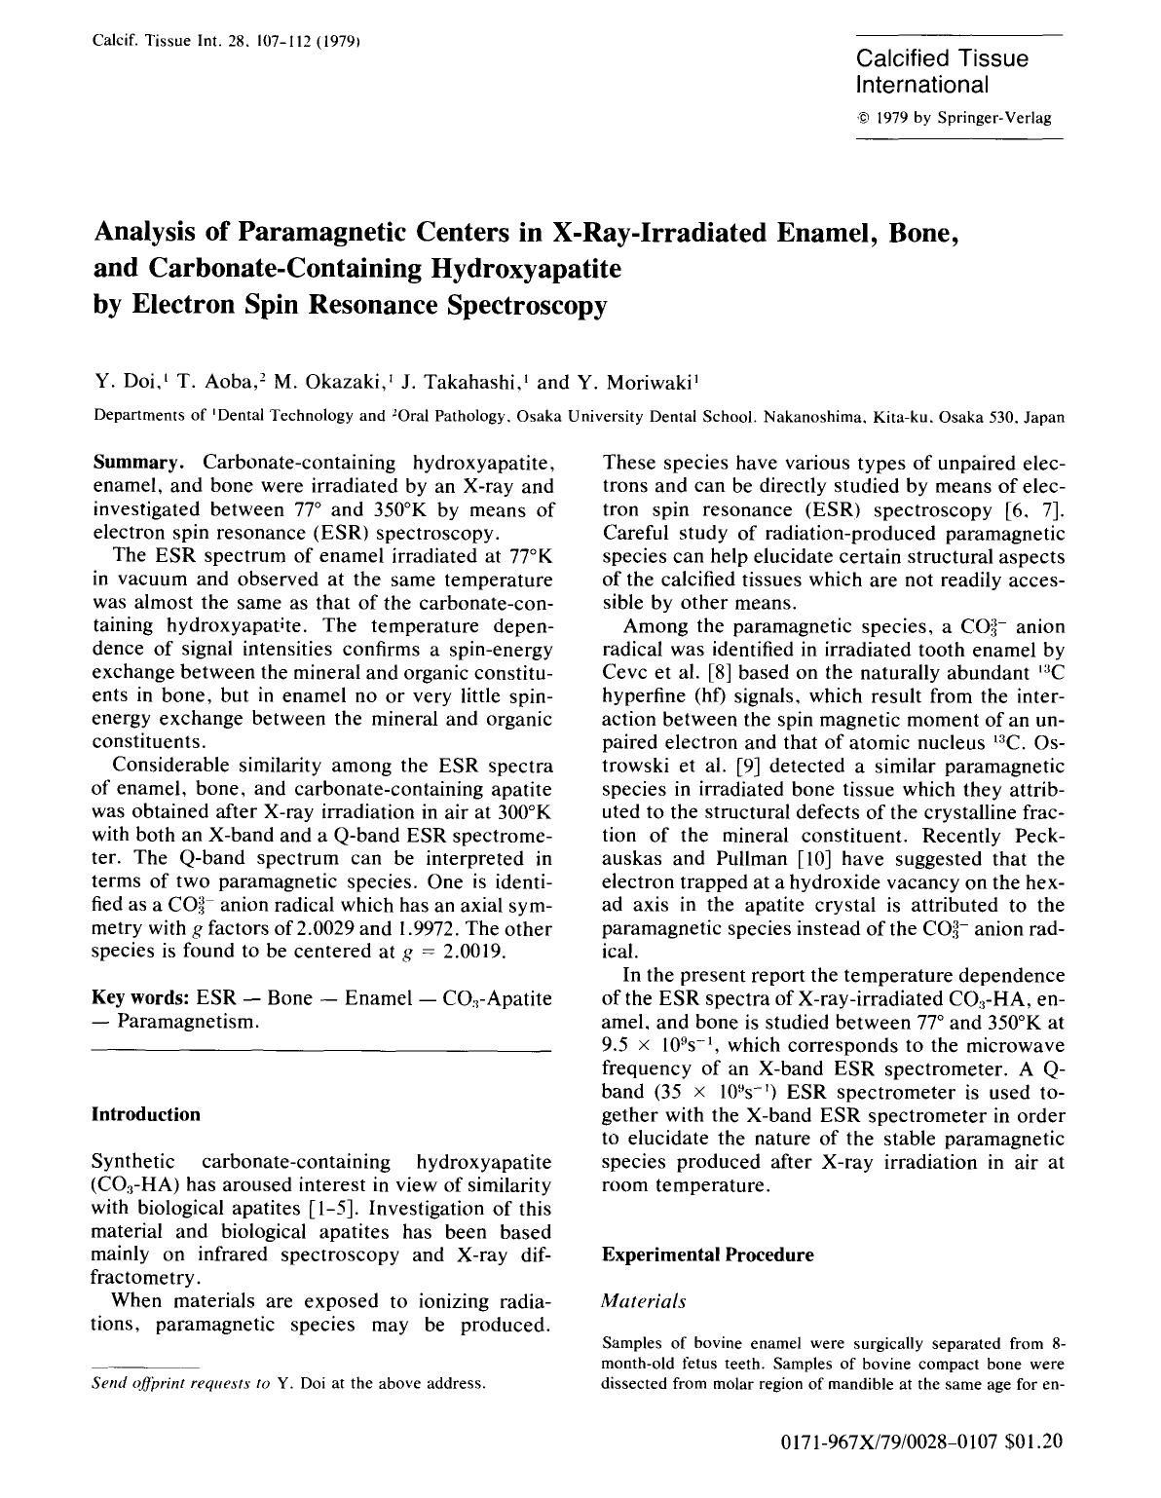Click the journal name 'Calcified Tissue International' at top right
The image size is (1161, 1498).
[942, 71]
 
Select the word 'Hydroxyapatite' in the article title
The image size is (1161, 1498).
[525, 269]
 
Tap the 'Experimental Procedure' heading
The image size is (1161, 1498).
[707, 1255]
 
